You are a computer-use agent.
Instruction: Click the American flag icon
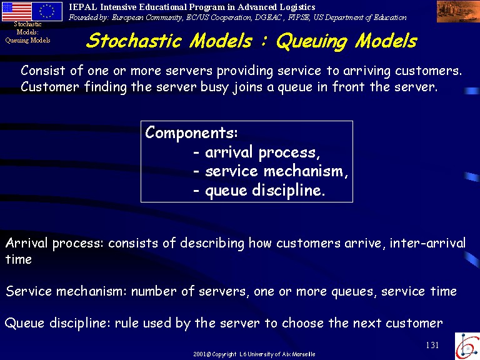point(16,11)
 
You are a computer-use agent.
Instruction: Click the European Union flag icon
point(47,11)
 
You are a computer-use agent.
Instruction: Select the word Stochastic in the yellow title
point(134,41)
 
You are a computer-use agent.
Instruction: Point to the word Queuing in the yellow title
point(312,42)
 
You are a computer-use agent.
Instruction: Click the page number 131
point(432,345)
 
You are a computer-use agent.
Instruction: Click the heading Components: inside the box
point(191,132)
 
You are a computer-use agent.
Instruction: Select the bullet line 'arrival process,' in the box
point(256,152)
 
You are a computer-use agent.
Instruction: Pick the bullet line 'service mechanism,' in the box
point(271,171)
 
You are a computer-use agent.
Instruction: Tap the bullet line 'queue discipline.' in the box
point(259,191)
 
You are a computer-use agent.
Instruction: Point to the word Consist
point(43,71)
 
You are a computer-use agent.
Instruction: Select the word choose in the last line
point(302,323)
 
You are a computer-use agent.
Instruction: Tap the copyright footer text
point(254,354)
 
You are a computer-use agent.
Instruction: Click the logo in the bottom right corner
point(467,346)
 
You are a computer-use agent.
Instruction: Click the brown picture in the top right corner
point(458,12)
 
